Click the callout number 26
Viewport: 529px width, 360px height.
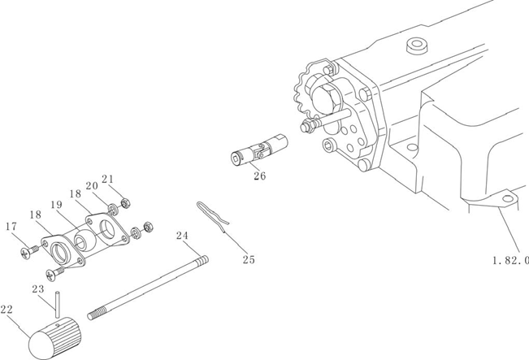point(259,174)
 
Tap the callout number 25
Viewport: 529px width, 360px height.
point(249,259)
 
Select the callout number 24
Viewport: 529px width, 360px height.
point(183,236)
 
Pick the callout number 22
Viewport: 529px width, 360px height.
point(7,310)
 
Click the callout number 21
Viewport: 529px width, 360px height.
point(108,179)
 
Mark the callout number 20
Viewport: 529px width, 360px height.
point(92,186)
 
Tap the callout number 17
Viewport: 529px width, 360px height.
point(11,227)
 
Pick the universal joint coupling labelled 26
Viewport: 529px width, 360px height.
point(258,150)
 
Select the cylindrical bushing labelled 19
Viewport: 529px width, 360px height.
point(84,241)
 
